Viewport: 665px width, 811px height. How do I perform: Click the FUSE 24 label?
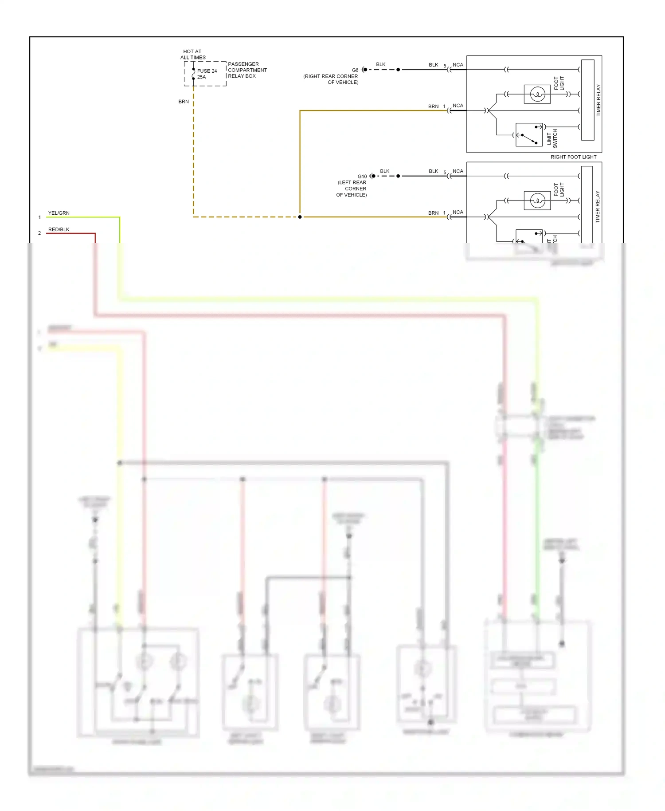point(207,71)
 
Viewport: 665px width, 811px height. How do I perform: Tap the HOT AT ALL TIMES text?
point(193,55)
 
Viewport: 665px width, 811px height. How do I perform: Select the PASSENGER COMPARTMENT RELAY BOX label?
point(247,70)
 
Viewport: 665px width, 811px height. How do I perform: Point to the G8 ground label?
point(355,70)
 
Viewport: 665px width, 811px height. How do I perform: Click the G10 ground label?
point(362,177)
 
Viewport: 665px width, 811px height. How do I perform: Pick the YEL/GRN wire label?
point(59,213)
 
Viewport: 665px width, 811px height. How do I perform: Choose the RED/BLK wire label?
point(59,230)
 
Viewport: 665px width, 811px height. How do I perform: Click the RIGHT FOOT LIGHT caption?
point(573,157)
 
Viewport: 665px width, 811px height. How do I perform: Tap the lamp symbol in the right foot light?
point(537,94)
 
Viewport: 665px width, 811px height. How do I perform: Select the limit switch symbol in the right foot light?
point(529,135)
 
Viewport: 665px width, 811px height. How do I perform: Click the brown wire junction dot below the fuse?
point(300,217)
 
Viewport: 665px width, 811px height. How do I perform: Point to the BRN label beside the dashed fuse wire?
point(184,102)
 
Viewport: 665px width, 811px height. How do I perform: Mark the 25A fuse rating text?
point(202,77)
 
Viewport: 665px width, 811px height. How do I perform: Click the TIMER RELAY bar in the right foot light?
point(587,100)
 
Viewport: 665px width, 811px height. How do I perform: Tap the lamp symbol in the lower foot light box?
point(537,201)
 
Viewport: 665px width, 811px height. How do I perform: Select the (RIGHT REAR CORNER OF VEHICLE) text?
point(331,79)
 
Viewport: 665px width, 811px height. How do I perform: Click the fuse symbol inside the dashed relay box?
point(193,74)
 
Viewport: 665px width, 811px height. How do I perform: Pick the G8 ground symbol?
point(364,70)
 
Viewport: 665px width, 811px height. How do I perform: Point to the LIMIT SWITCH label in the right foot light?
point(552,139)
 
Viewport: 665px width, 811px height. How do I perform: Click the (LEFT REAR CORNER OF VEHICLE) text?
point(352,189)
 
